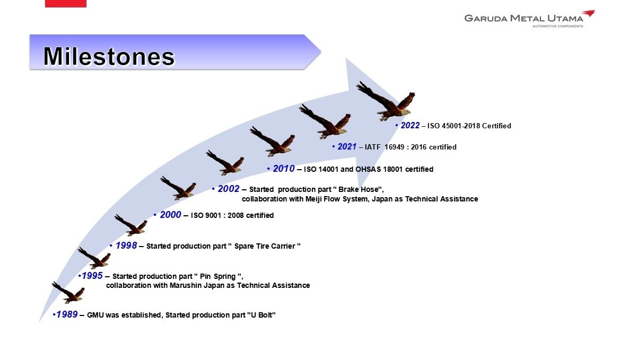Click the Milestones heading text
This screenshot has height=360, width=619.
(x=109, y=56)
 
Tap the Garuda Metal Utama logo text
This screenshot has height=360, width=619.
(x=524, y=18)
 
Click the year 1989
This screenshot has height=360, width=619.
(x=67, y=314)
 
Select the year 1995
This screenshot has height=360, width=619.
(x=92, y=276)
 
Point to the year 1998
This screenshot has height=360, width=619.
(x=126, y=245)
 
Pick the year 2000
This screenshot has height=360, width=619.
(x=171, y=215)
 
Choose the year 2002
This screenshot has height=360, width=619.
(x=229, y=189)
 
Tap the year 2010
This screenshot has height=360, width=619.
(x=284, y=169)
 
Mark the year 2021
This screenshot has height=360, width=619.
(x=347, y=146)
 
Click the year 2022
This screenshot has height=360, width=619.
(x=410, y=125)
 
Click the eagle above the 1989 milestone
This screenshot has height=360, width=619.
(x=68, y=293)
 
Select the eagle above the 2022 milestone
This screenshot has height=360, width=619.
(x=386, y=101)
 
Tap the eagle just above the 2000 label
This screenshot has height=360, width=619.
(x=178, y=188)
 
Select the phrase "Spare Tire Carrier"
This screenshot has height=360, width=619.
(x=264, y=246)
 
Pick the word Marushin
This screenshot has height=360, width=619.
(x=186, y=285)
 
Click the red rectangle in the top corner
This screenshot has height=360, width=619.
(x=66, y=4)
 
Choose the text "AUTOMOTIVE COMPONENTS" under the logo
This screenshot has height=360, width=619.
(x=558, y=26)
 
